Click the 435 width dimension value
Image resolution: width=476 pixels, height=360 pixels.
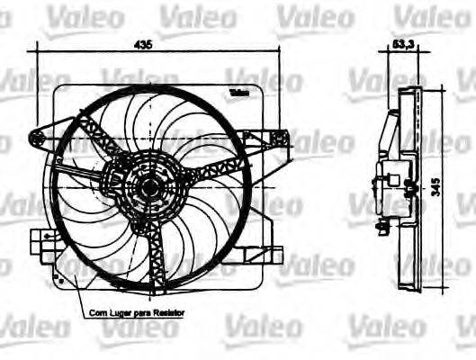pyautogui.click(x=143, y=42)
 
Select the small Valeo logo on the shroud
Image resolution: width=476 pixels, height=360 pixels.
pyautogui.click(x=239, y=93)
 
